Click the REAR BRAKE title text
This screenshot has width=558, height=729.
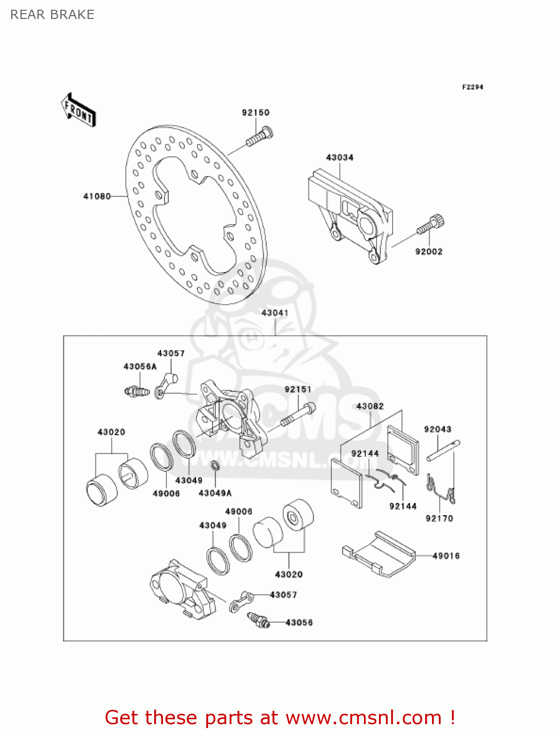click(52, 15)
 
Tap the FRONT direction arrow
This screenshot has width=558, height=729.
click(78, 110)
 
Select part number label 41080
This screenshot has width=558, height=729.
click(97, 196)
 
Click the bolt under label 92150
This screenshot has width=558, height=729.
click(259, 136)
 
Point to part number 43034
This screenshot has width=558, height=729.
click(340, 157)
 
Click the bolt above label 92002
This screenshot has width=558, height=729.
click(431, 226)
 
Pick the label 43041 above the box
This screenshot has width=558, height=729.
click(275, 313)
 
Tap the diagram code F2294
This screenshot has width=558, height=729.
click(472, 87)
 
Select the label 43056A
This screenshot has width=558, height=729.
click(140, 366)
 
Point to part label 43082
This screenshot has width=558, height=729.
click(370, 406)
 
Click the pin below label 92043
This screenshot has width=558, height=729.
click(443, 451)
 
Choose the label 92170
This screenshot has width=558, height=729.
click(439, 519)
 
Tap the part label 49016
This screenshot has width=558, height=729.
click(446, 555)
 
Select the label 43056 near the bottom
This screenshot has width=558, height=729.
click(299, 623)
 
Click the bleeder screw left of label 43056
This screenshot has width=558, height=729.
click(258, 620)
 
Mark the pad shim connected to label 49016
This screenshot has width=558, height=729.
click(379, 554)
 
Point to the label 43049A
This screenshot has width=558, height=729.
click(215, 493)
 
